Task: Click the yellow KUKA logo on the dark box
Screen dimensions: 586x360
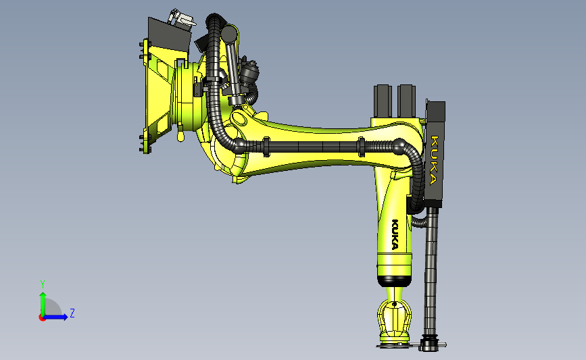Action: pos(434,161)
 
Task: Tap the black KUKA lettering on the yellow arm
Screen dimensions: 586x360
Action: pos(395,234)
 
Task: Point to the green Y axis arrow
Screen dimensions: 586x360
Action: pos(43,305)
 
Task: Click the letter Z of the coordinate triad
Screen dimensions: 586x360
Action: pos(72,313)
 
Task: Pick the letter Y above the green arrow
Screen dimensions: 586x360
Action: pos(43,284)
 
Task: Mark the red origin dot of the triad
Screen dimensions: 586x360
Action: pos(42,318)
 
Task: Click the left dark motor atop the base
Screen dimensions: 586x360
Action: pos(383,101)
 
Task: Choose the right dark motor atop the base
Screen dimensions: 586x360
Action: pos(406,101)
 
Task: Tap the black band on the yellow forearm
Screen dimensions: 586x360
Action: pos(394,281)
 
